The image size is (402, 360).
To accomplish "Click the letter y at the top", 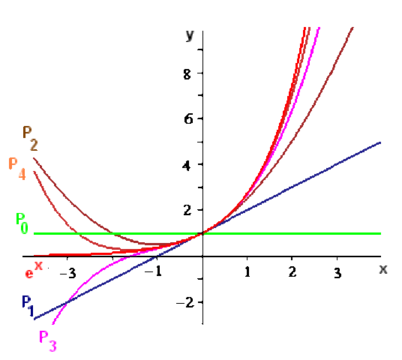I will (x=190, y=35).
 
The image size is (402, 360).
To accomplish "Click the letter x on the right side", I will (x=383, y=268).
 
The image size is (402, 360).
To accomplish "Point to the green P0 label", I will (x=22, y=223).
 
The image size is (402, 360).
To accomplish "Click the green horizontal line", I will (x=300, y=233).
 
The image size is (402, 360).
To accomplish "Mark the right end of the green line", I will (x=380, y=233).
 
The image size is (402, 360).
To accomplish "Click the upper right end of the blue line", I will (x=380, y=142).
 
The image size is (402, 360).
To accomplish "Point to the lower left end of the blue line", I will (x=34, y=319).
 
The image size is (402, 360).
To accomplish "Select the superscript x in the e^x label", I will (x=38, y=265).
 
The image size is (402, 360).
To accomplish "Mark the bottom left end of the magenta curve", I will (x=52, y=324).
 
